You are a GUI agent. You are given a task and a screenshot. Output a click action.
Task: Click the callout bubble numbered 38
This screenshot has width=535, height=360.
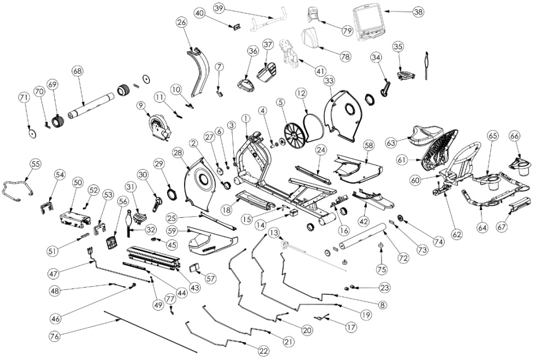pyautogui.click(x=418, y=11)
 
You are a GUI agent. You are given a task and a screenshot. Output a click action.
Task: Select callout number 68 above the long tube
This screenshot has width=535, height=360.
pyautogui.click(x=77, y=72)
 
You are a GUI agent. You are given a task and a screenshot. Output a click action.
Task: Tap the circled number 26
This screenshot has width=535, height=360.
pyautogui.click(x=181, y=22)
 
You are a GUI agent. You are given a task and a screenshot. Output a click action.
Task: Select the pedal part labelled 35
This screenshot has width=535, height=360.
pyautogui.click(x=405, y=74)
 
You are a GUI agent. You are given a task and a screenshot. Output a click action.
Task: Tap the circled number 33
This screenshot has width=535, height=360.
pyautogui.click(x=329, y=81)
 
